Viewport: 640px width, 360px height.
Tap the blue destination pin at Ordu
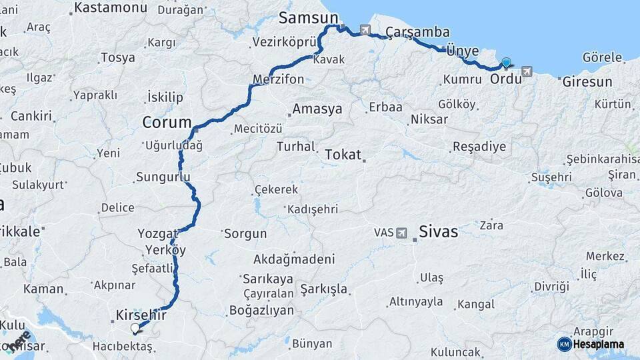tap(506, 63)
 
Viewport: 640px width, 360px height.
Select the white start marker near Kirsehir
tap(135, 328)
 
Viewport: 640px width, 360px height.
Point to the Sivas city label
tap(438, 232)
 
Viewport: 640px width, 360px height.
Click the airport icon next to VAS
tap(401, 233)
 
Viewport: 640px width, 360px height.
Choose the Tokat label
tap(343, 155)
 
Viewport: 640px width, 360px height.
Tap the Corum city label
tap(166, 123)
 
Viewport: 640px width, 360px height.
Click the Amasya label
tap(317, 109)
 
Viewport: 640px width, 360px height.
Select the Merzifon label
tap(278, 79)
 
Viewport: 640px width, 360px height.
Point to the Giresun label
tap(587, 82)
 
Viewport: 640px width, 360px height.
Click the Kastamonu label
tap(111, 8)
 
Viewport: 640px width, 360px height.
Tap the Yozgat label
tap(155, 233)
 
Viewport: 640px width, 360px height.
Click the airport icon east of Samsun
tap(365, 29)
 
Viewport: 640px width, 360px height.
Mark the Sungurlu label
tap(163, 177)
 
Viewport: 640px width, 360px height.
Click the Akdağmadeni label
tap(294, 259)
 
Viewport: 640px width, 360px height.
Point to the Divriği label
tap(551, 287)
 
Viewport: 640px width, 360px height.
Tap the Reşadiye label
tap(479, 147)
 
